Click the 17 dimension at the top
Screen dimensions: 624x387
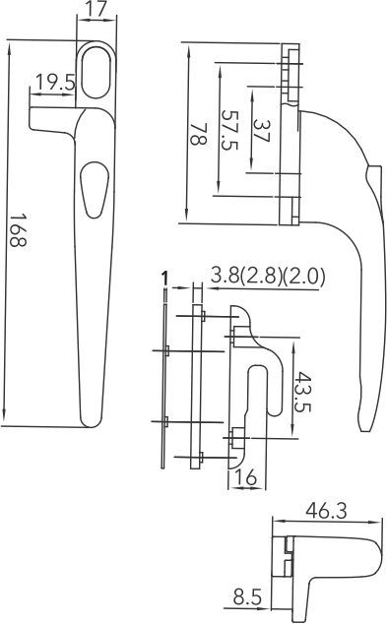(x=95, y=11)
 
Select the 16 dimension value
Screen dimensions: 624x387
(x=247, y=477)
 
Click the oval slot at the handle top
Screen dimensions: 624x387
(x=96, y=72)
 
